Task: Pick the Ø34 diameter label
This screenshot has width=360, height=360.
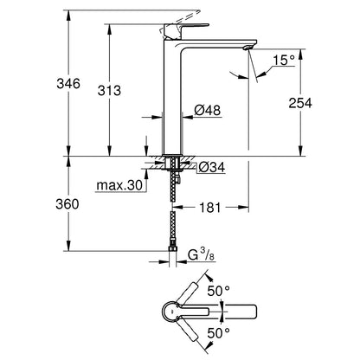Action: tap(210, 166)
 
